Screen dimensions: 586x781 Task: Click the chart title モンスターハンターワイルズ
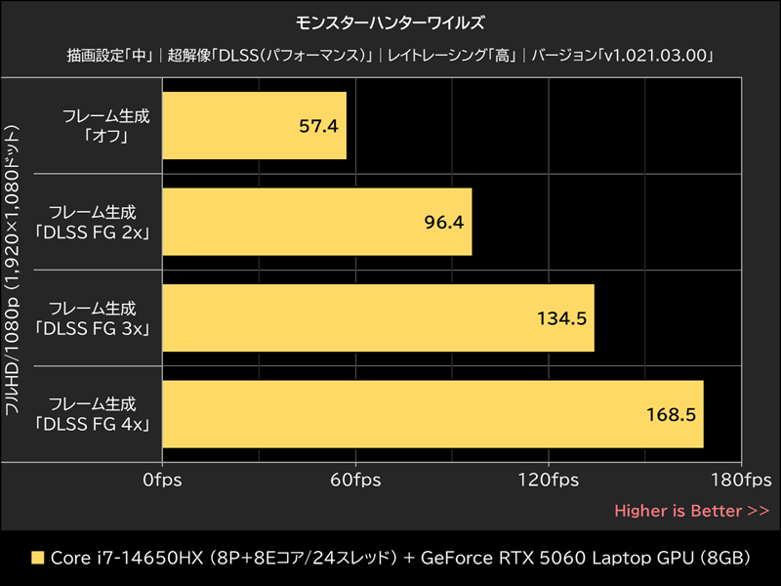[x=390, y=21]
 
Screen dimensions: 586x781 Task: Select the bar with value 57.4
[x=254, y=126]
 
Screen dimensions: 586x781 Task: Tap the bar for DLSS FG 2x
[x=317, y=222]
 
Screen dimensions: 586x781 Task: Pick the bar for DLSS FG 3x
[x=378, y=318]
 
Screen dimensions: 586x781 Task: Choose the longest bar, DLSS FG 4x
[x=432, y=414]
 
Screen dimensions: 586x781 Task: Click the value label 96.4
[x=443, y=222]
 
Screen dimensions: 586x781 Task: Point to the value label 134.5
[x=561, y=318]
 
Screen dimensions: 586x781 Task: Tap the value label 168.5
[x=671, y=414]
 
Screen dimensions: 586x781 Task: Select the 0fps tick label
[x=162, y=481]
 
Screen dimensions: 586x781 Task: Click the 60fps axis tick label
[x=355, y=481]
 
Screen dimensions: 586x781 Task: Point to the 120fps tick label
[x=548, y=481]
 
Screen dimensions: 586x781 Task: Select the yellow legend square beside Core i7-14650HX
[x=38, y=559]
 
